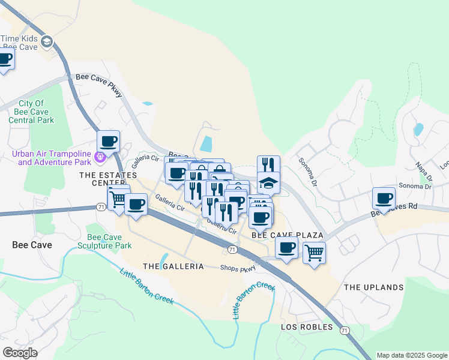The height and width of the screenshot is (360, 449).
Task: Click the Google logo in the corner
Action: pos(20,353)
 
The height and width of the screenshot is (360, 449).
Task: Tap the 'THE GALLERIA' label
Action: pos(173,266)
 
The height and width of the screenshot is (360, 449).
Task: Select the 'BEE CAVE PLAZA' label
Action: pos(287,235)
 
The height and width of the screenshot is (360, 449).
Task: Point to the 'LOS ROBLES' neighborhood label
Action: pos(307,327)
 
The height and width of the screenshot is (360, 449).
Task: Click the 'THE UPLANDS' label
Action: pos(373,287)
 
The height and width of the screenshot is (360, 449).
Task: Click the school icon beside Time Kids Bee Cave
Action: pos(47,42)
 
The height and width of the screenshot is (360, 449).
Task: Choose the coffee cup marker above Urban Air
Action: pos(108,141)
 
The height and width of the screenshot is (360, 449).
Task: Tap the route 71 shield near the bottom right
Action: pos(344,330)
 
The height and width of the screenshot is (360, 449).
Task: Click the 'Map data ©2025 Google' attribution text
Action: pos(412,355)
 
